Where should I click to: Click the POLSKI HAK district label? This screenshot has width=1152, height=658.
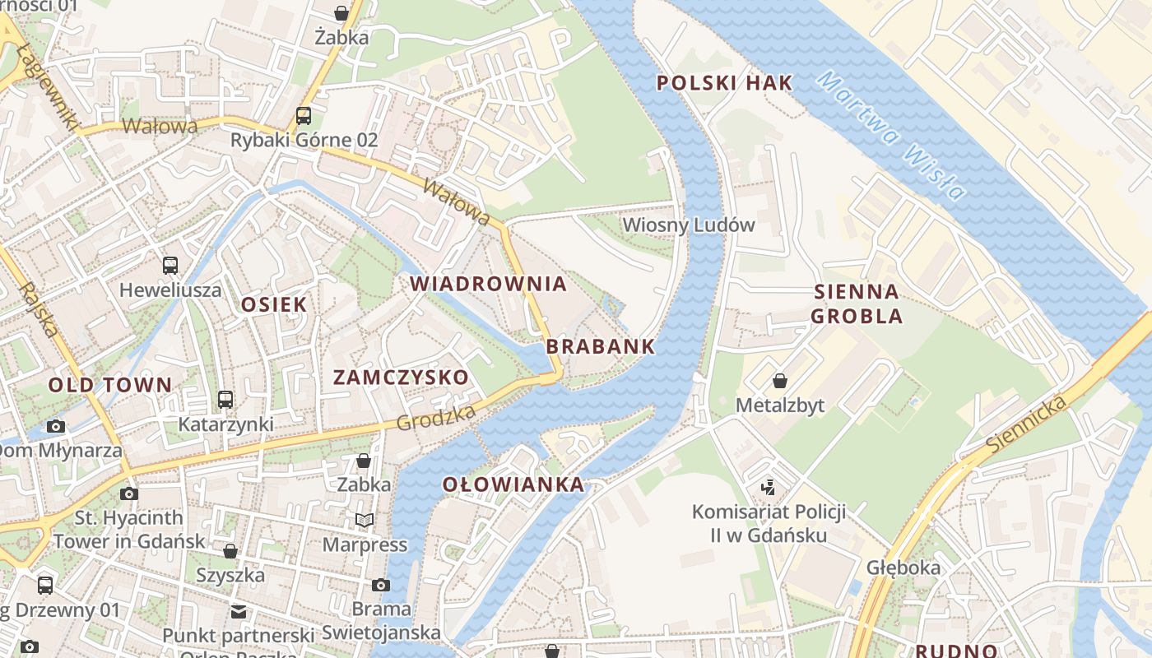(x=724, y=82)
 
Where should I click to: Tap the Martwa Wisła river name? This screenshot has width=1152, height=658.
(x=892, y=137)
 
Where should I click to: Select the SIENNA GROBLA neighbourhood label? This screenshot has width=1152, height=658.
(x=856, y=304)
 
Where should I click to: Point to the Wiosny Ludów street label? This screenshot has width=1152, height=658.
(x=688, y=225)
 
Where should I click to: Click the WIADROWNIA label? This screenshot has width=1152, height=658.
(x=488, y=284)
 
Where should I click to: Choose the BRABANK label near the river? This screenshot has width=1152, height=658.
(x=600, y=346)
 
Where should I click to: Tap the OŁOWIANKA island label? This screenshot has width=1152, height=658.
(x=513, y=484)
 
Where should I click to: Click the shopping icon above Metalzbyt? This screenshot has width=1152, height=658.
(x=779, y=381)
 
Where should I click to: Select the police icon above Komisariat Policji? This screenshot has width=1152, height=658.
(x=768, y=487)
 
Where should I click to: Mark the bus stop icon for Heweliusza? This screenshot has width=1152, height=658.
(x=170, y=266)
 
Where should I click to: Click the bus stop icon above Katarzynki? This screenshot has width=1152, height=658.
(x=225, y=400)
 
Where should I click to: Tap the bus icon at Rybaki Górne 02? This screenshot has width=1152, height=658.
(x=304, y=115)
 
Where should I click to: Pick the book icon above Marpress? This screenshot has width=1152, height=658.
(x=364, y=520)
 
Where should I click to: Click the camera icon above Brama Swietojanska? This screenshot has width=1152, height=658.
(x=380, y=585)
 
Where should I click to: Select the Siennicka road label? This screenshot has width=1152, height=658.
(x=1028, y=424)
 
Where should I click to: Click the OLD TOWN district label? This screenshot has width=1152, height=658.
(x=110, y=384)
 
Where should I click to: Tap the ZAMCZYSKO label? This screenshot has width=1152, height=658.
(x=401, y=378)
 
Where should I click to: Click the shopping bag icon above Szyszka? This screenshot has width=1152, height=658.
(x=230, y=550)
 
